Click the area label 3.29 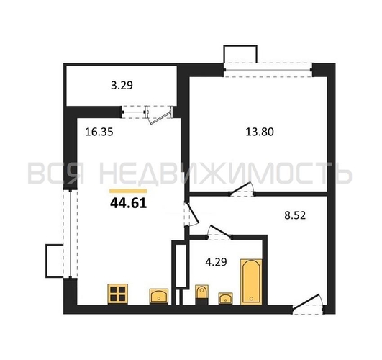(122, 86)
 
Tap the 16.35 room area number (99, 132)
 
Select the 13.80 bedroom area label (260, 132)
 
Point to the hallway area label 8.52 (295, 215)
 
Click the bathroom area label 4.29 (216, 262)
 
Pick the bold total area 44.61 (128, 203)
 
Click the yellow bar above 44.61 (128, 191)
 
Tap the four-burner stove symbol (118, 294)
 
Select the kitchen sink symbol (159, 297)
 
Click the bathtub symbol (251, 282)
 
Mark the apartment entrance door (309, 305)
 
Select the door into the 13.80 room (242, 189)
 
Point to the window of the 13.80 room (268, 70)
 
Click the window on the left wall (71, 234)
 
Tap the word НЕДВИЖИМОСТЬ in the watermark (225, 174)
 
